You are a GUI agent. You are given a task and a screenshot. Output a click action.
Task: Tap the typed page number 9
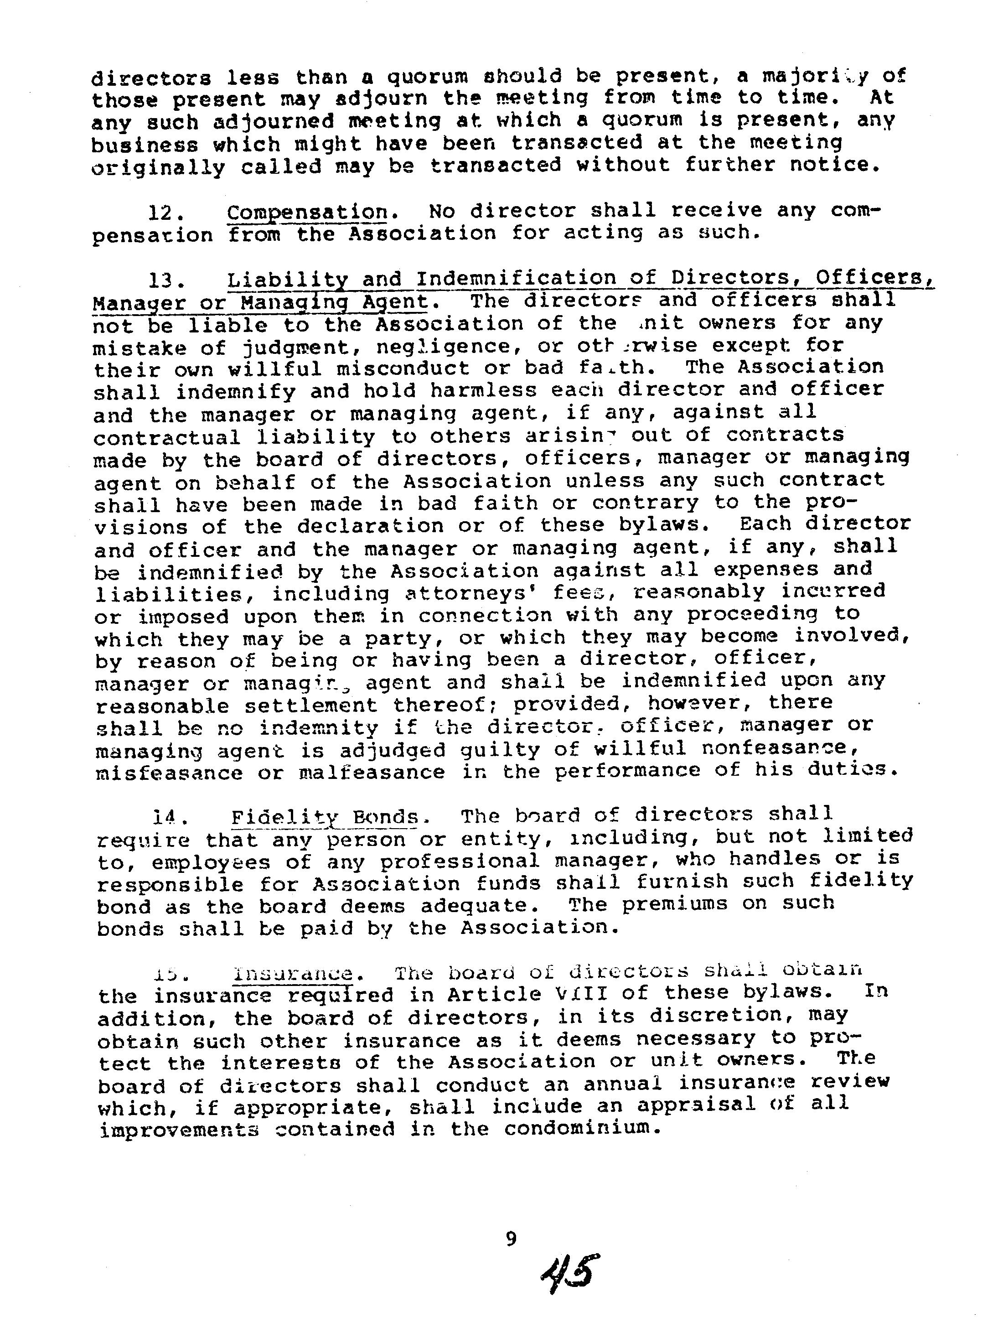510,1238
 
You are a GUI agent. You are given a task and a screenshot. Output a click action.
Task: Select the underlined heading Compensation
307,212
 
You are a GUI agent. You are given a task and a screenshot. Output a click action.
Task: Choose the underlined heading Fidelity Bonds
325,816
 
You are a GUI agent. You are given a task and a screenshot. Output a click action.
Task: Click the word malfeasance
372,772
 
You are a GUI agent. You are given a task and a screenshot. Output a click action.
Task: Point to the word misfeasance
169,773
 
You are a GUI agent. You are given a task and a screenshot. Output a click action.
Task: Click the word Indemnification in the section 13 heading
516,279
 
